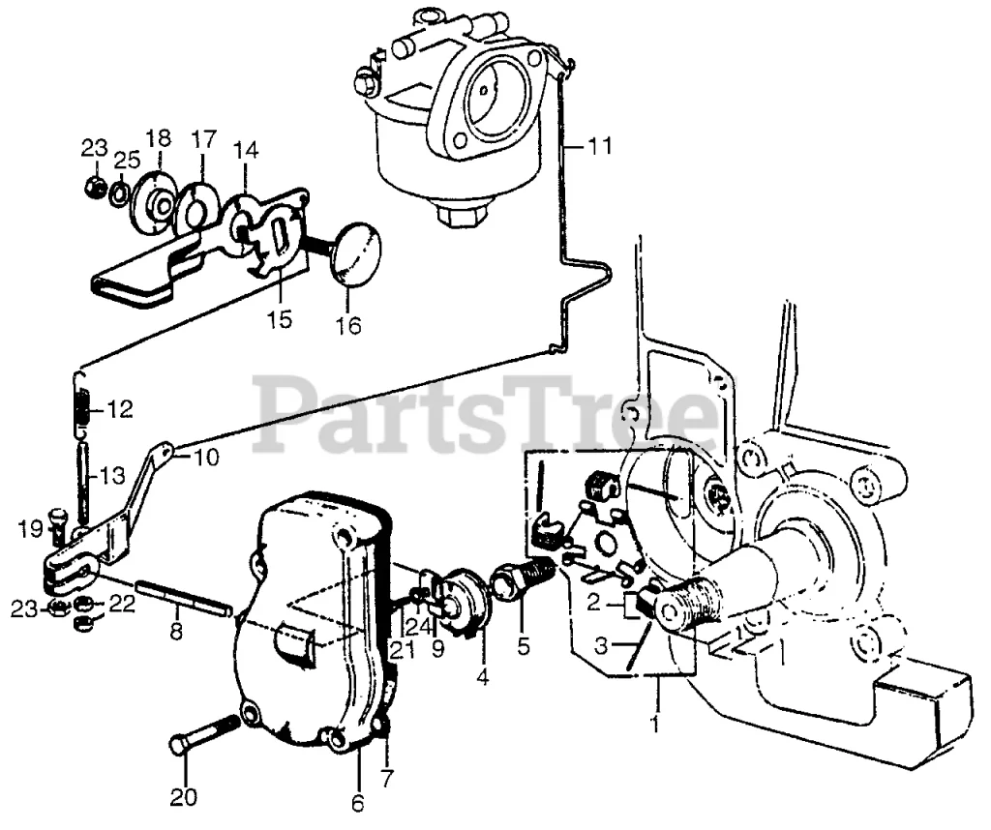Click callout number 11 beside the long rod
[599, 147]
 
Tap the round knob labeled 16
[355, 253]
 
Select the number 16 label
[348, 326]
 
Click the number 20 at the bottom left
[184, 797]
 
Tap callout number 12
[120, 409]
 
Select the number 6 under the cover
[357, 802]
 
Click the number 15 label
[280, 319]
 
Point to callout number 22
[120, 603]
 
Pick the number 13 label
[113, 476]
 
